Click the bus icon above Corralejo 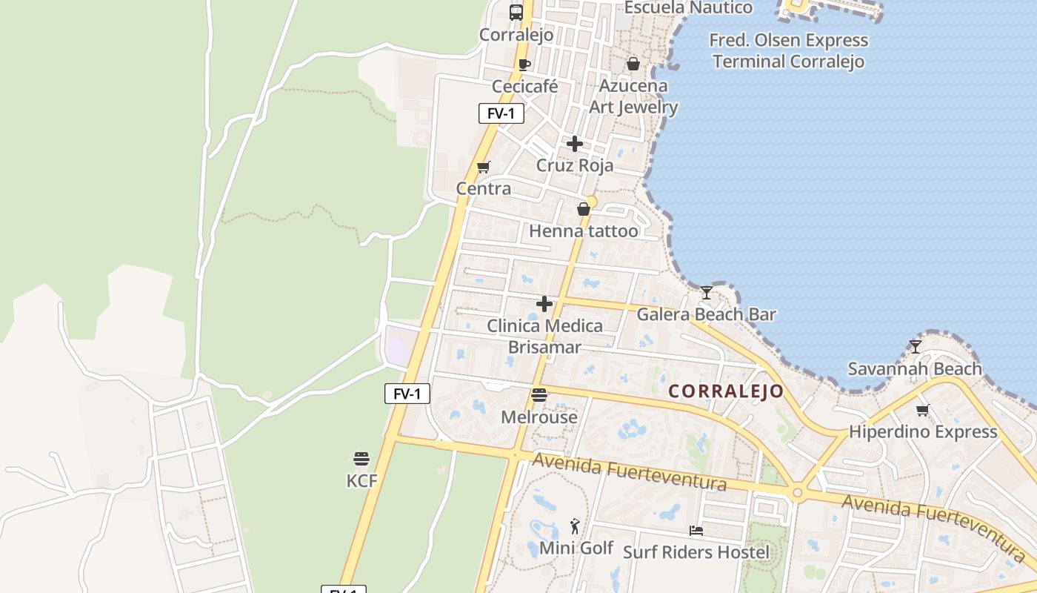tap(516, 12)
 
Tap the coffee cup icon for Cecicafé tap(524, 64)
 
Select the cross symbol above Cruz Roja tap(575, 144)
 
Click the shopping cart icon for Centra tap(484, 167)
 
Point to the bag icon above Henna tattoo tap(584, 209)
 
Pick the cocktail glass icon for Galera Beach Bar tap(707, 292)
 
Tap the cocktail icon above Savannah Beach tap(916, 346)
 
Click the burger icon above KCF tap(361, 458)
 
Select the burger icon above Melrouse tap(539, 394)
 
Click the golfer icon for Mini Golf tap(576, 526)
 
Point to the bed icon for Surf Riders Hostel tap(696, 530)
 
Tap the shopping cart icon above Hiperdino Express tap(923, 409)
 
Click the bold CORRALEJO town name tap(726, 391)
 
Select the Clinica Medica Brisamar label tap(544, 337)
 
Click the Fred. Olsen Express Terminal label tap(788, 50)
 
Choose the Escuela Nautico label tap(688, 8)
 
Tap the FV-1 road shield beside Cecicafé tap(501, 113)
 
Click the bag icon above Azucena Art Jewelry tap(633, 64)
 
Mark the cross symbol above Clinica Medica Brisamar tap(544, 304)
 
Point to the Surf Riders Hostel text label tap(696, 552)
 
